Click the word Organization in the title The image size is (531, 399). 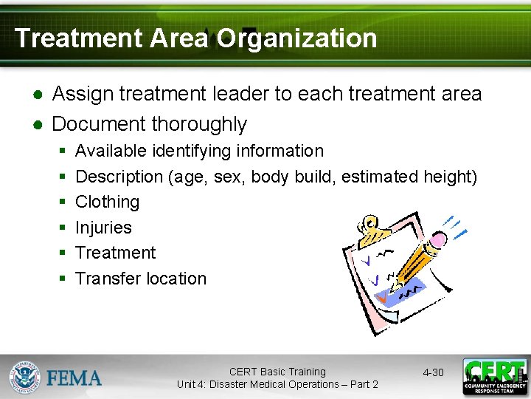click(296, 38)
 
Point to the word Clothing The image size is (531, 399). click(107, 202)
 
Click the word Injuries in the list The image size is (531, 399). click(103, 228)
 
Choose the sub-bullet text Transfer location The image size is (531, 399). click(141, 279)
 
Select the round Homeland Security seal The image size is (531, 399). click(25, 377)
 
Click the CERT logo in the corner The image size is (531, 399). click(494, 377)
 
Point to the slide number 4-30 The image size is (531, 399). click(433, 372)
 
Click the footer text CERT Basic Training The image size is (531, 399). click(277, 372)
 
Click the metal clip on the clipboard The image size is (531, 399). click(372, 230)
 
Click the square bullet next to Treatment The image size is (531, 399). click(63, 253)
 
